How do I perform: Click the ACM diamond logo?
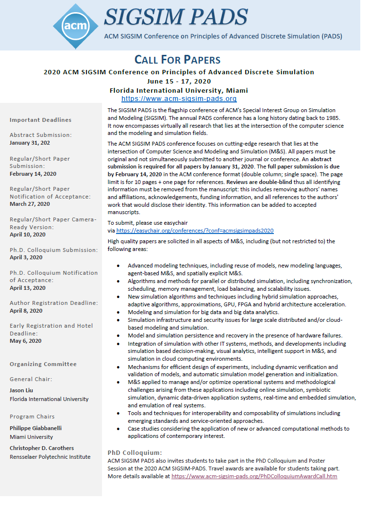coord(72,25)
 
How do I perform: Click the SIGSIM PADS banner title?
coord(176,17)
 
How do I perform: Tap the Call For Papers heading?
coord(178,60)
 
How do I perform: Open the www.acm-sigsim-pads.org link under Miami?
coord(179,99)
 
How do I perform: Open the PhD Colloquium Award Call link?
coord(254,476)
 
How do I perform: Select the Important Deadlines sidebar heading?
coord(40,120)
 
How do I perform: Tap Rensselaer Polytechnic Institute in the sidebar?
coord(50,457)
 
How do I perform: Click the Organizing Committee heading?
coord(43,364)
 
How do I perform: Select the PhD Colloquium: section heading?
coord(134,452)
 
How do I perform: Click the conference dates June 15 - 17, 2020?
coord(179,81)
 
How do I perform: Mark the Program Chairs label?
coord(32,417)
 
